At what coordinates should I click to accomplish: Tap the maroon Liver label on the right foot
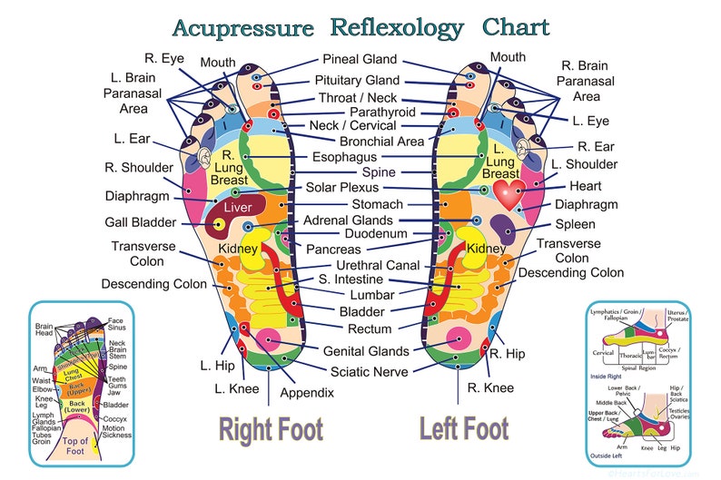pyautogui.click(x=237, y=208)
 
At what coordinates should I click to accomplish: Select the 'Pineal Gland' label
pyautogui.click(x=360, y=60)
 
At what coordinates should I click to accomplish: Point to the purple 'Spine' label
pyautogui.click(x=379, y=171)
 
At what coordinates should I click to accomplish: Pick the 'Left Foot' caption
pyautogui.click(x=462, y=428)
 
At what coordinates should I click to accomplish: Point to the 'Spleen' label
pyautogui.click(x=575, y=224)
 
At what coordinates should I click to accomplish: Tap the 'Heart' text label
pyautogui.click(x=585, y=185)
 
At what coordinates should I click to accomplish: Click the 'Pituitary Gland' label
pyautogui.click(x=357, y=80)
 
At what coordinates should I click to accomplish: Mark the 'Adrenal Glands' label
pyautogui.click(x=348, y=220)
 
